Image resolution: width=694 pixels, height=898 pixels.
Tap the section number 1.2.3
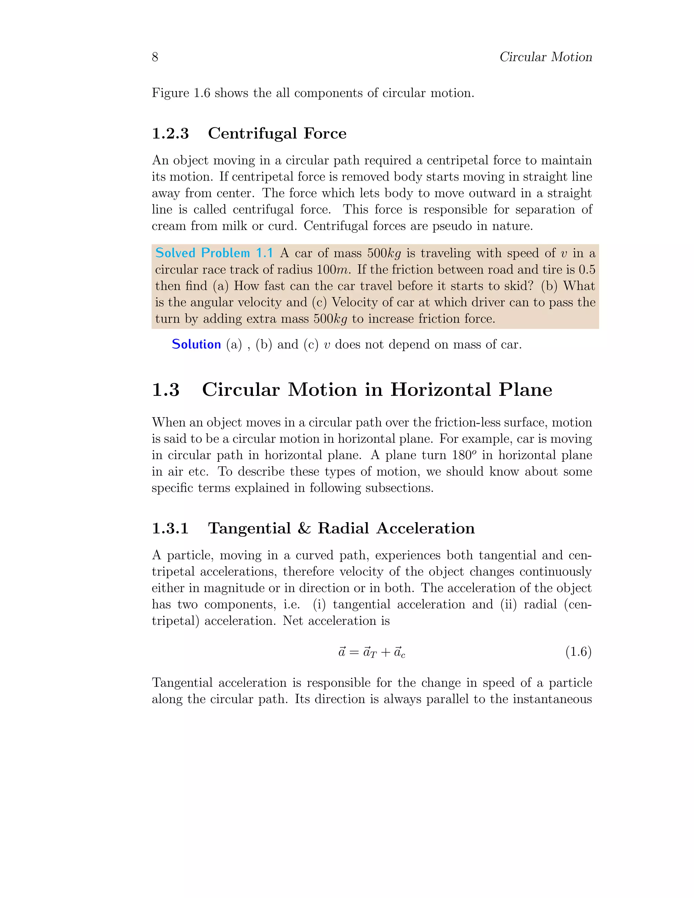coord(170,134)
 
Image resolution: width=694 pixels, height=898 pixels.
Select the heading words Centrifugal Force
coord(277,134)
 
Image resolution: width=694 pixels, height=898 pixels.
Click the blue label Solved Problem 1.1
coord(214,253)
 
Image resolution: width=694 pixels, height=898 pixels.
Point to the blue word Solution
coord(196,344)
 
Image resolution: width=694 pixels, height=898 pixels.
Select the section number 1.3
coord(166,390)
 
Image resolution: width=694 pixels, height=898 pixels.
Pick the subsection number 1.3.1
coord(170,528)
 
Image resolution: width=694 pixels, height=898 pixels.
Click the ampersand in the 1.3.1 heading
coord(304,528)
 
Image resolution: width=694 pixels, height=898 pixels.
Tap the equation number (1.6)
coord(578,652)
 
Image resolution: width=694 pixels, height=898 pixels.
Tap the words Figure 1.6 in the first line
coord(181,93)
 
